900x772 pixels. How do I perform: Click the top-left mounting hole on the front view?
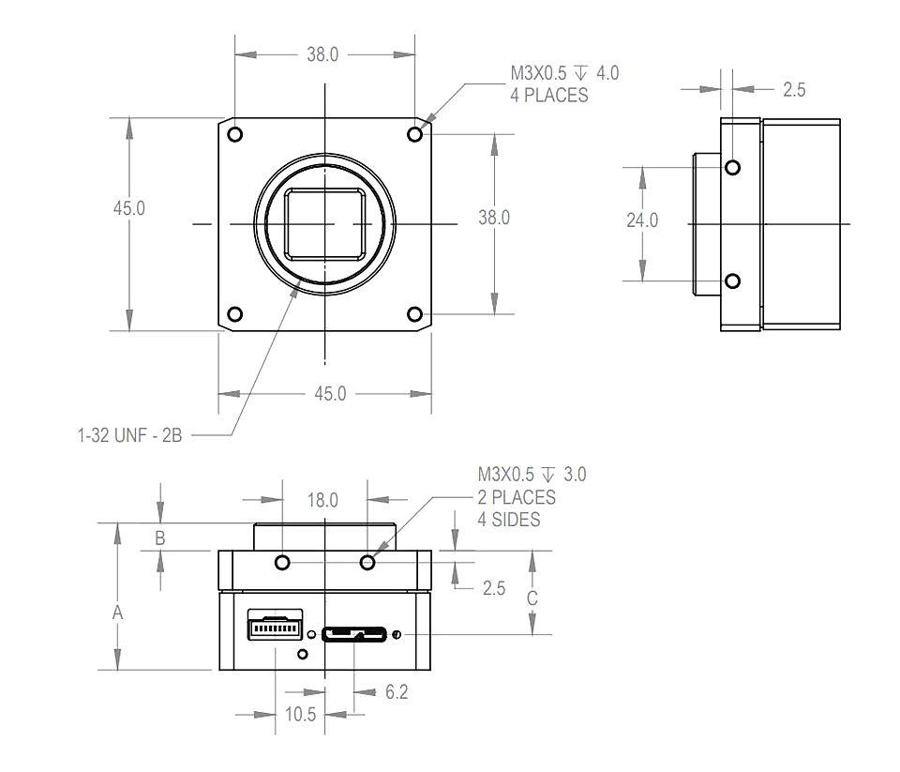234,134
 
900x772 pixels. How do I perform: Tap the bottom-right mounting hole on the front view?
414,314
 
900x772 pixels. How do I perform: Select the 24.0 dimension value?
642,220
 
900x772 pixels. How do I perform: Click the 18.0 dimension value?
322,500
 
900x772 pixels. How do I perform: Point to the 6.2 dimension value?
397,691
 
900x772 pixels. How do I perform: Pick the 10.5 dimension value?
301,714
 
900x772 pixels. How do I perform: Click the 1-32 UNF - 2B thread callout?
129,435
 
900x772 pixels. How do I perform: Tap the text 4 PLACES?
549,95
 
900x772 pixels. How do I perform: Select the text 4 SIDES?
509,520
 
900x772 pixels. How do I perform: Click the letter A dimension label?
118,613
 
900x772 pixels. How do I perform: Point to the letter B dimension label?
160,538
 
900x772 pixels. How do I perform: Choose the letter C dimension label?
532,598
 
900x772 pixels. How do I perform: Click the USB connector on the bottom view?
354,634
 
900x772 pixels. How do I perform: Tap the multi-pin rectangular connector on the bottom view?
276,624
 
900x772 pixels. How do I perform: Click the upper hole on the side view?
732,168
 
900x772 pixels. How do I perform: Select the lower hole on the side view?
732,280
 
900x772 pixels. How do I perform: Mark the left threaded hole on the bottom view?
282,562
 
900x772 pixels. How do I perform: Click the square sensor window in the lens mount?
325,223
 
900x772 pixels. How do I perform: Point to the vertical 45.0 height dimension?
129,208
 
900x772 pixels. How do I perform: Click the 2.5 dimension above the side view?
794,90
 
